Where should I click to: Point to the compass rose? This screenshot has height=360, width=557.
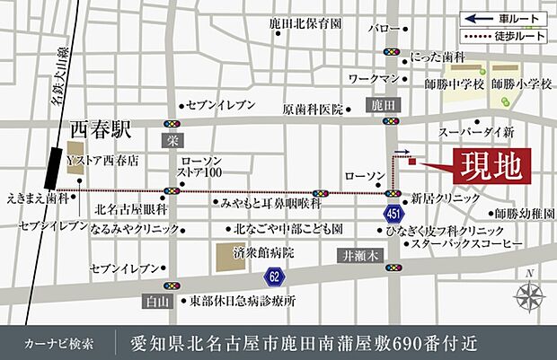(x=528, y=294)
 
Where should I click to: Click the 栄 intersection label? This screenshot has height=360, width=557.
(x=172, y=140)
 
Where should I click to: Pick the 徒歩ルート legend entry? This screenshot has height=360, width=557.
(x=503, y=37)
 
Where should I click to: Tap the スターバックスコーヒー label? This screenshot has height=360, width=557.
(x=468, y=243)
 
